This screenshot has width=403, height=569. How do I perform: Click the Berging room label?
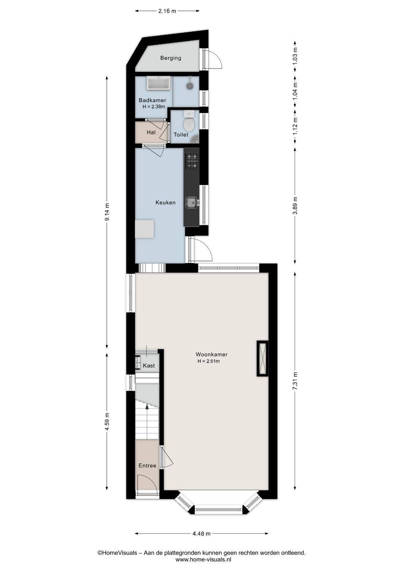171,58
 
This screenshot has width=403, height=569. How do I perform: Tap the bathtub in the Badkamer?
159,83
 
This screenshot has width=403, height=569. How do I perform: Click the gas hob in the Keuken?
191,161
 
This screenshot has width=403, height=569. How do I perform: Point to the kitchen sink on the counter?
192,202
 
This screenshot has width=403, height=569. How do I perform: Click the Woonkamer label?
211,354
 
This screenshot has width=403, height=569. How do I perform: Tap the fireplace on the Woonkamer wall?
262,358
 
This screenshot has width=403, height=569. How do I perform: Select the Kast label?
149,365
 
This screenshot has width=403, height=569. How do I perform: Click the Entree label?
147,465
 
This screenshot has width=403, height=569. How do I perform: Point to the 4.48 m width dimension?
201,534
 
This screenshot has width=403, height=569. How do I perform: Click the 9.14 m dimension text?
107,212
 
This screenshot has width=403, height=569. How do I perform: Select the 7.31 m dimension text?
295,381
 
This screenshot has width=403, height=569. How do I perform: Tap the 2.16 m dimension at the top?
167,11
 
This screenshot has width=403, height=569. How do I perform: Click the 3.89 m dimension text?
295,205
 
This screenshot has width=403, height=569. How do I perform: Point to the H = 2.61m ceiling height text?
209,361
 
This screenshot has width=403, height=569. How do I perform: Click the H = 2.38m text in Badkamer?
153,107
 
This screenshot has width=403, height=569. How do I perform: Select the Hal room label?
151,132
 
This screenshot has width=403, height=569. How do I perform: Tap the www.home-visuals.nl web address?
203,559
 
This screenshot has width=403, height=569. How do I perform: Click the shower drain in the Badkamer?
190,86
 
